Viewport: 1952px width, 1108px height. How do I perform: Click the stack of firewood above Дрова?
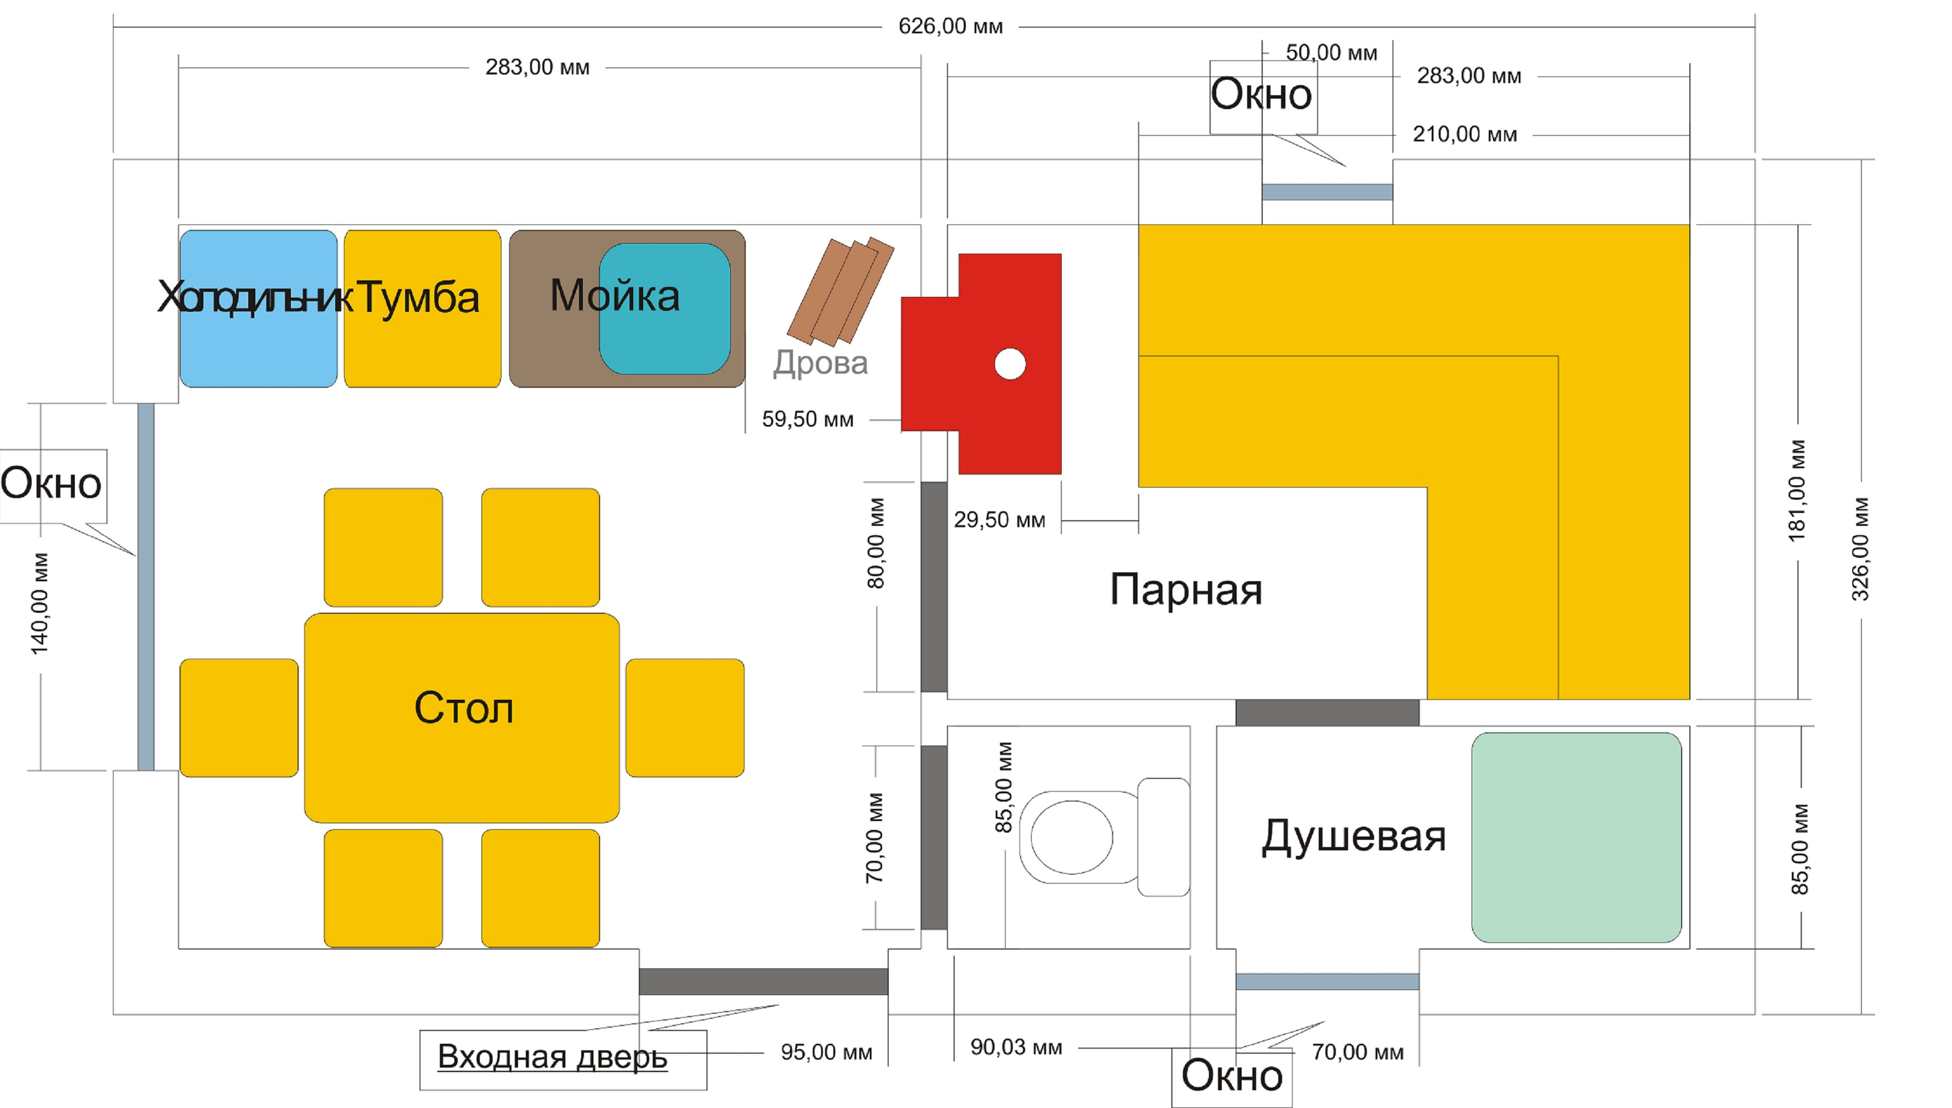pyautogui.click(x=840, y=291)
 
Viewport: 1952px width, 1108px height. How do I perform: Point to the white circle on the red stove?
pyautogui.click(x=1010, y=364)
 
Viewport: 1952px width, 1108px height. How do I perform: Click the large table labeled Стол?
pyautogui.click(x=462, y=717)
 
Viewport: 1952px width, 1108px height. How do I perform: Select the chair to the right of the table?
pyautogui.click(x=685, y=717)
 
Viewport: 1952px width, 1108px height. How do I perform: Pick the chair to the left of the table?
pyautogui.click(x=239, y=717)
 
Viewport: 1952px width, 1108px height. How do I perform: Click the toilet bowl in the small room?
pyautogui.click(x=1072, y=837)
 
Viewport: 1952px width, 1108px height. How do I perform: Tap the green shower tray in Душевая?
pyautogui.click(x=1576, y=837)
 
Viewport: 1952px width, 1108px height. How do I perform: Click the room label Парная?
pyautogui.click(x=1186, y=591)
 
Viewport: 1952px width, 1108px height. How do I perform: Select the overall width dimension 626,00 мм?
pyautogui.click(x=950, y=27)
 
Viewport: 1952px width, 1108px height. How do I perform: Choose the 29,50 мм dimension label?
pyautogui.click(x=999, y=520)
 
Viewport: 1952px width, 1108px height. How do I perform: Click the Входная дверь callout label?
pyautogui.click(x=552, y=1057)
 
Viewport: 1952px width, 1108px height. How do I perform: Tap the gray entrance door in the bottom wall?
pyautogui.click(x=764, y=982)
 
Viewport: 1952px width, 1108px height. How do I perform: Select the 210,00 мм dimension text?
pyautogui.click(x=1465, y=135)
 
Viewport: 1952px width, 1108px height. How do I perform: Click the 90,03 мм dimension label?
pyautogui.click(x=1016, y=1048)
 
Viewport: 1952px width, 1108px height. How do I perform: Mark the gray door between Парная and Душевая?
pyautogui.click(x=1327, y=712)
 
